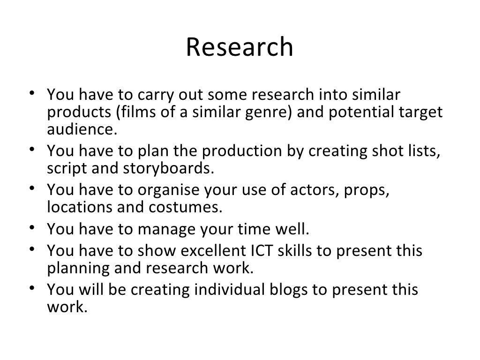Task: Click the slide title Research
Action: click(240, 47)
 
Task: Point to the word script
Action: click(65, 168)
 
